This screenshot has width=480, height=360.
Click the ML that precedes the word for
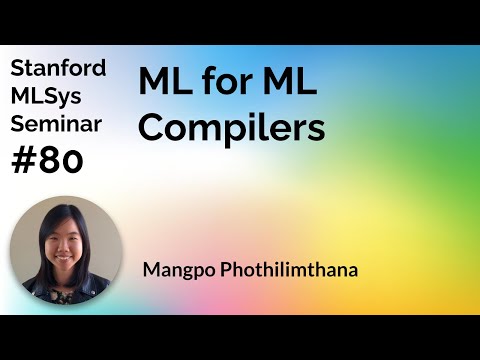pos(161,86)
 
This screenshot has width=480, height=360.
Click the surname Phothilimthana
pos(284,269)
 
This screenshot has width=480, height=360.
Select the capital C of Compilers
pos(150,128)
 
